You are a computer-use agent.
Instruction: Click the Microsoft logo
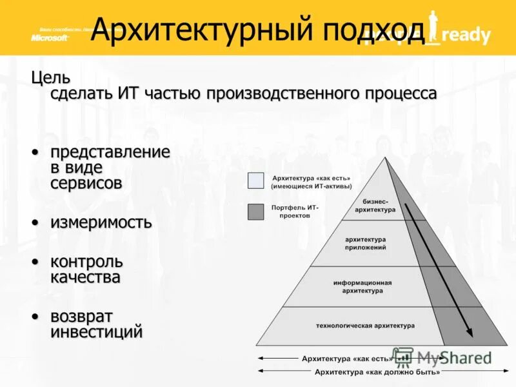[x=50, y=37]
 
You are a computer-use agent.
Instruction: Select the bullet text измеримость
[x=101, y=223]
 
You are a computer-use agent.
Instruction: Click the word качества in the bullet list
[x=85, y=278]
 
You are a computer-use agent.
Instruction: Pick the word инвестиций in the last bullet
[x=96, y=332]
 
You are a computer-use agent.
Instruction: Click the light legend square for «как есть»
[x=256, y=181]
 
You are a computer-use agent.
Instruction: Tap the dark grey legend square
[x=256, y=212]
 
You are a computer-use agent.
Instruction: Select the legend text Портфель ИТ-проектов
[x=295, y=212]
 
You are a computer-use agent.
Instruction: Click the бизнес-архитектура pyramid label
[x=375, y=206]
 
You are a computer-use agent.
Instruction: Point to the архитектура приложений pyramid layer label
[x=365, y=243]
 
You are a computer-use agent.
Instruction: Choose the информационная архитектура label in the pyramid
[x=362, y=286]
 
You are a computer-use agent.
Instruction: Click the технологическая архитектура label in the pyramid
[x=365, y=326]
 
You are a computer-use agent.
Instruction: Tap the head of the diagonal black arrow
[x=469, y=333]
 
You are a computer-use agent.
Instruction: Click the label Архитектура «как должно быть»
[x=377, y=372]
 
